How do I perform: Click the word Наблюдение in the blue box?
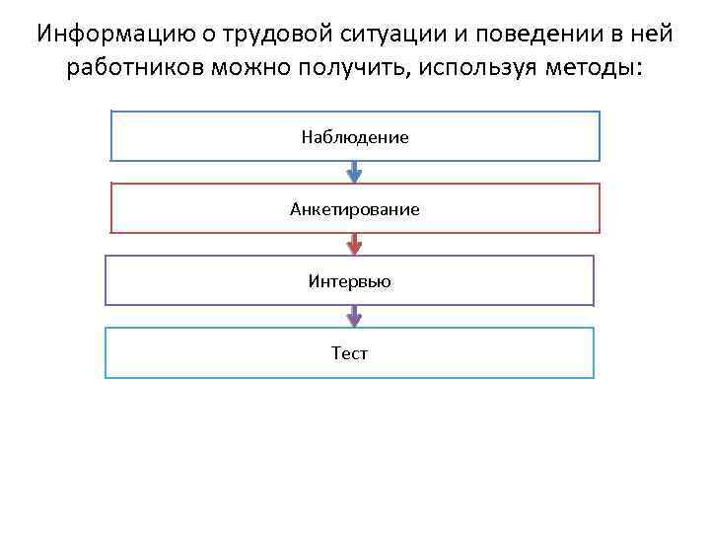coord(355,137)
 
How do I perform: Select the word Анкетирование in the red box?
coord(355,209)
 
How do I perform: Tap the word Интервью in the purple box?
coord(350,281)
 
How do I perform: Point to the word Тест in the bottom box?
coord(350,353)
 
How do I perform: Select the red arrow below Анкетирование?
coord(355,244)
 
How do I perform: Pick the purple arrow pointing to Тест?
coord(355,316)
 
